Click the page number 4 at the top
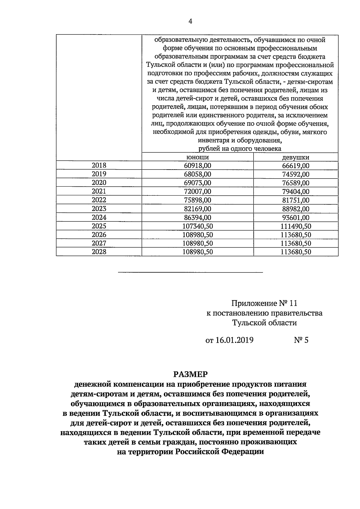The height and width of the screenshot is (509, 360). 190,21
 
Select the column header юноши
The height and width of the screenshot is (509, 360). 197,157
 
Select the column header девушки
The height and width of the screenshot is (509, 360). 295,157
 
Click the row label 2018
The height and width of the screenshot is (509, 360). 99,165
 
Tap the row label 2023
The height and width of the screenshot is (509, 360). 99,209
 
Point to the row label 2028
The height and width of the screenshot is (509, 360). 99,252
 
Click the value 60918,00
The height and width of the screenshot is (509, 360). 197,166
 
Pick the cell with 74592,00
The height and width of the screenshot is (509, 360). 295,174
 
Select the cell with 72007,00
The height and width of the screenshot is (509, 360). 197,191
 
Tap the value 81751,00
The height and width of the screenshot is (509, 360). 295,200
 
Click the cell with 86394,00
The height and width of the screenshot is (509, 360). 197,217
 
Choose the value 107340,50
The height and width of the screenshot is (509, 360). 197,226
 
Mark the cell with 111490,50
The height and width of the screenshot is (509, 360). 295,226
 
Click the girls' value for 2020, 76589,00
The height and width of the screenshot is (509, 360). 295,183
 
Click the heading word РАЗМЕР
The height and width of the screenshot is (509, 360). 190,374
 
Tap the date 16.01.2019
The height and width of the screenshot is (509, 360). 234,340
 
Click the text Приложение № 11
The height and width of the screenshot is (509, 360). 264,303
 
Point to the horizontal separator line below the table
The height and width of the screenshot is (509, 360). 190,272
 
